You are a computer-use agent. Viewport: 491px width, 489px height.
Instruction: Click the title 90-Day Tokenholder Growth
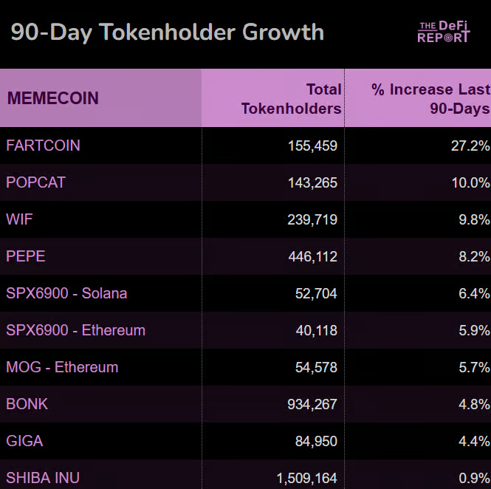click(167, 33)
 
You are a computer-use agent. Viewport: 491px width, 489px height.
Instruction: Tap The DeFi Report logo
click(443, 32)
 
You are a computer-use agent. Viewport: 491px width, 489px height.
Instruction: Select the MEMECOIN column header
click(52, 98)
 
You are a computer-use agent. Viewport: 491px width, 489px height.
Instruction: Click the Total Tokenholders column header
click(292, 99)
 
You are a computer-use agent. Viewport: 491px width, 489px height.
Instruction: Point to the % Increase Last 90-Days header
click(430, 99)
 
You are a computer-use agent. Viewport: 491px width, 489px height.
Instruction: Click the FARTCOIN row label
click(43, 146)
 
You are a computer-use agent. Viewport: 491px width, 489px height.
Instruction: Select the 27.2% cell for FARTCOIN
click(470, 146)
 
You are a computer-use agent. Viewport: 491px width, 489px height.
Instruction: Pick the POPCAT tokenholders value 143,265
click(312, 182)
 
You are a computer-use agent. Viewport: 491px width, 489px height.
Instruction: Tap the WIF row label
click(19, 219)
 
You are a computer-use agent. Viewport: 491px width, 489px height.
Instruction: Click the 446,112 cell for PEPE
click(312, 256)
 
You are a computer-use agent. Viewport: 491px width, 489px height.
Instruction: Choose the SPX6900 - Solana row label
click(66, 293)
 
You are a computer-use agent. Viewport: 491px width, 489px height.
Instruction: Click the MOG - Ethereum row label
click(62, 367)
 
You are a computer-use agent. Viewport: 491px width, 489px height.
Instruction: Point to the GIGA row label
click(24, 441)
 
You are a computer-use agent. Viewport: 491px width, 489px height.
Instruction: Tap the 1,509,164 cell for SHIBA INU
click(306, 478)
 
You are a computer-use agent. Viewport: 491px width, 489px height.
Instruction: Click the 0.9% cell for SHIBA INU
click(474, 478)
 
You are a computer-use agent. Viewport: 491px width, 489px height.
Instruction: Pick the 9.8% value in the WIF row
click(474, 219)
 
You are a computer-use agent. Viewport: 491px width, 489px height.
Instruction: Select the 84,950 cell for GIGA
click(316, 441)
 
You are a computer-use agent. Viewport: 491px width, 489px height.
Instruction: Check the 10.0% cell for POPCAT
click(470, 182)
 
